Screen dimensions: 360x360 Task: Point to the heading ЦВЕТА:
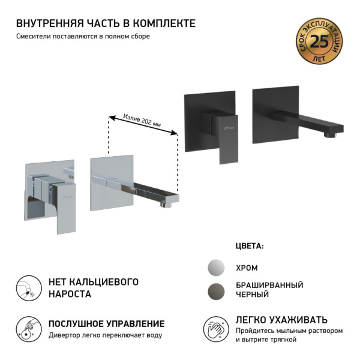[x=250, y=246]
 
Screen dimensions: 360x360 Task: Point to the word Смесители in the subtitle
[x=35, y=36]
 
